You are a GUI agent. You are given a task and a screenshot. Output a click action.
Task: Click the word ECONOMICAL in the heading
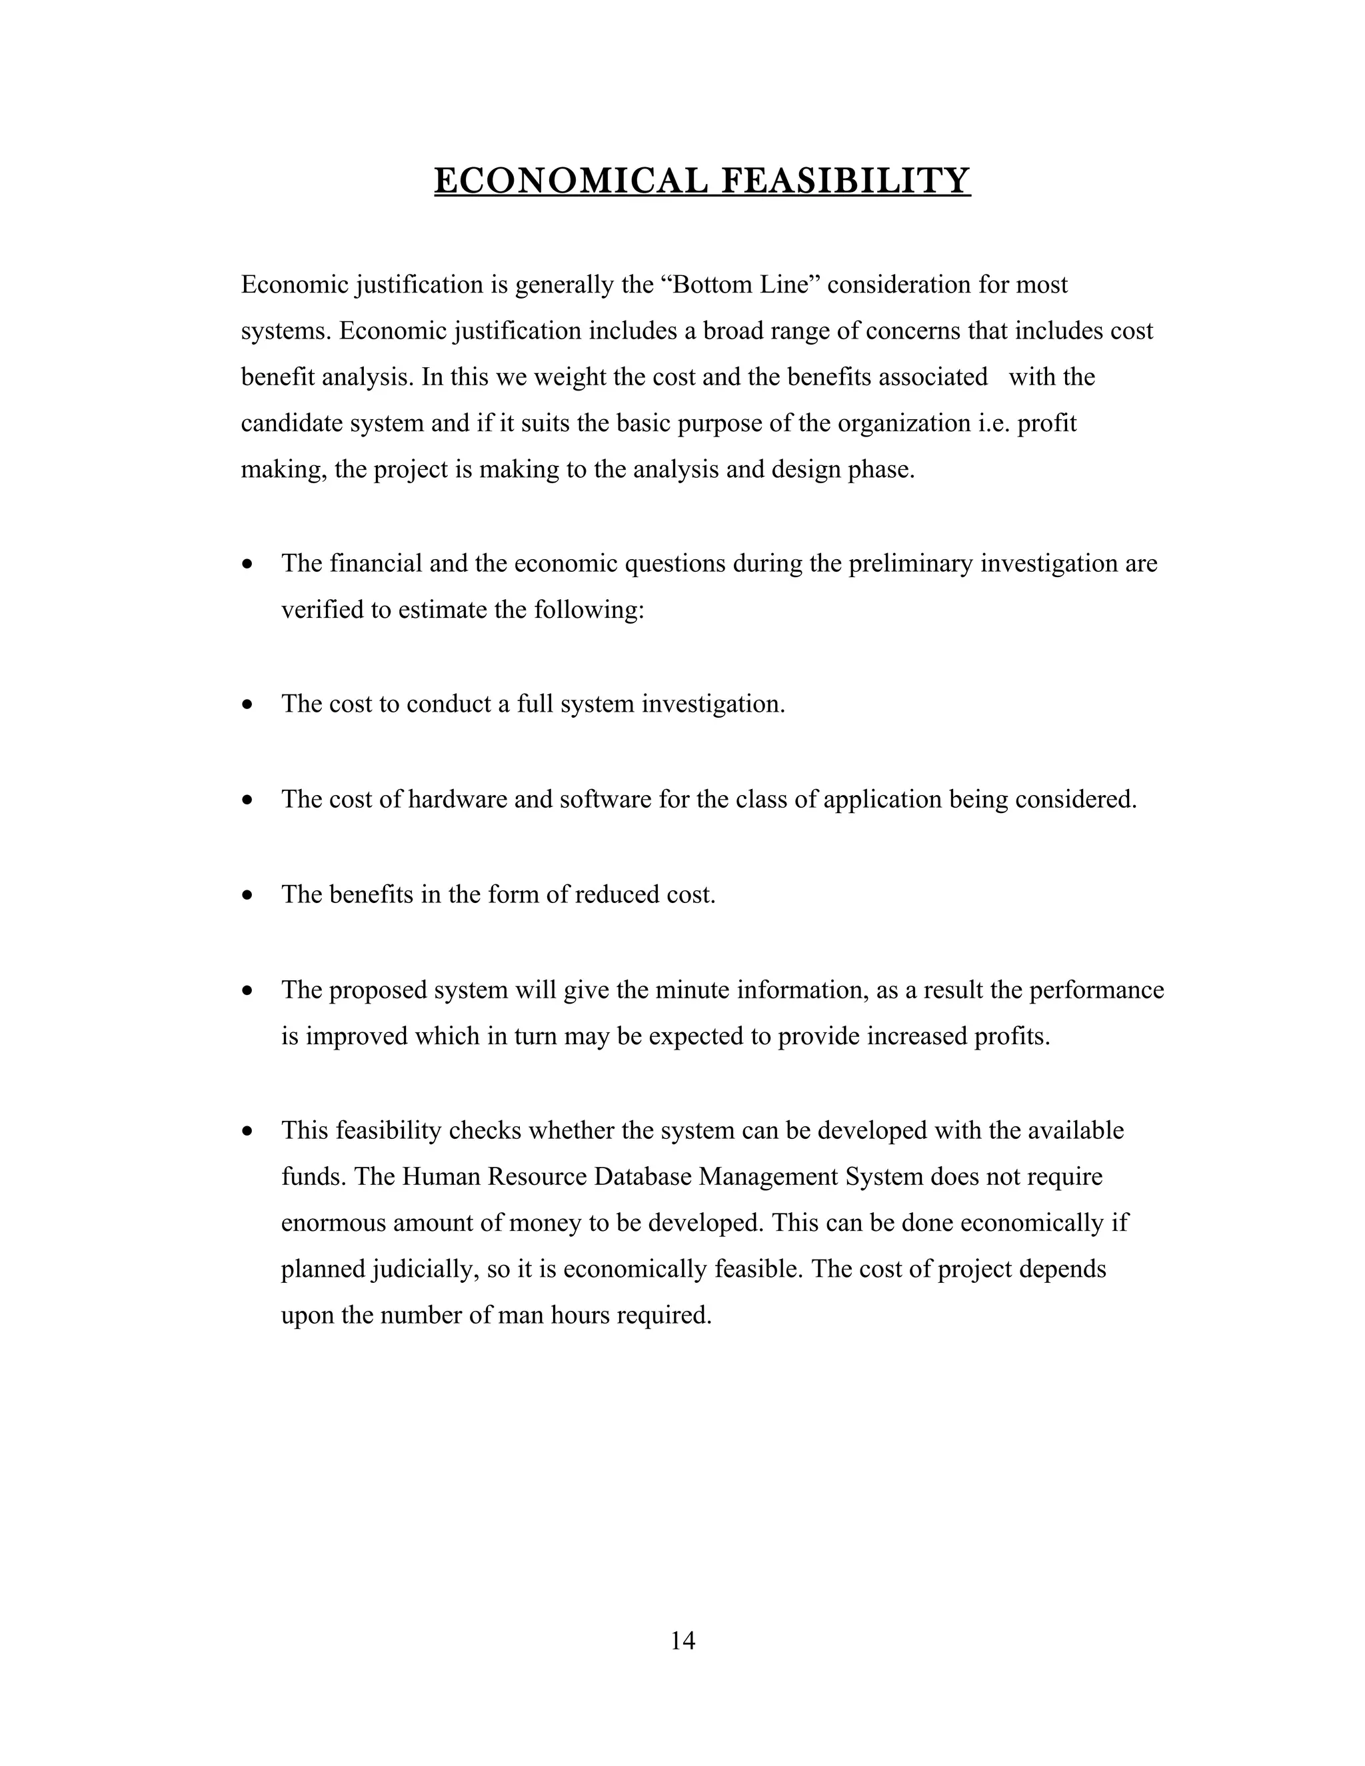pos(570,181)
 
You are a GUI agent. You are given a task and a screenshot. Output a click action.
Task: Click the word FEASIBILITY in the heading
pos(845,181)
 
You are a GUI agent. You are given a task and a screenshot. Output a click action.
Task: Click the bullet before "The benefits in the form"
pos(248,895)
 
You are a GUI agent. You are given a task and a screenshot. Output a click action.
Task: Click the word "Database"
pos(642,1176)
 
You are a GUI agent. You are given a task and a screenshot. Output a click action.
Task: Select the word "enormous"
pos(333,1223)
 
